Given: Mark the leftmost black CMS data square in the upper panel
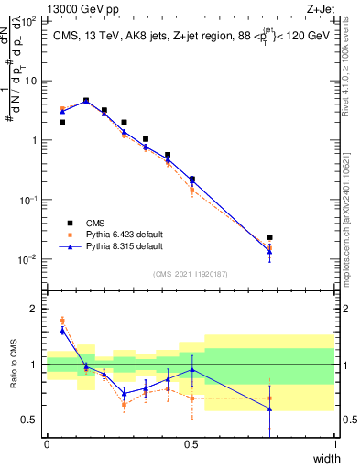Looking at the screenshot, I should tap(61, 122).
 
